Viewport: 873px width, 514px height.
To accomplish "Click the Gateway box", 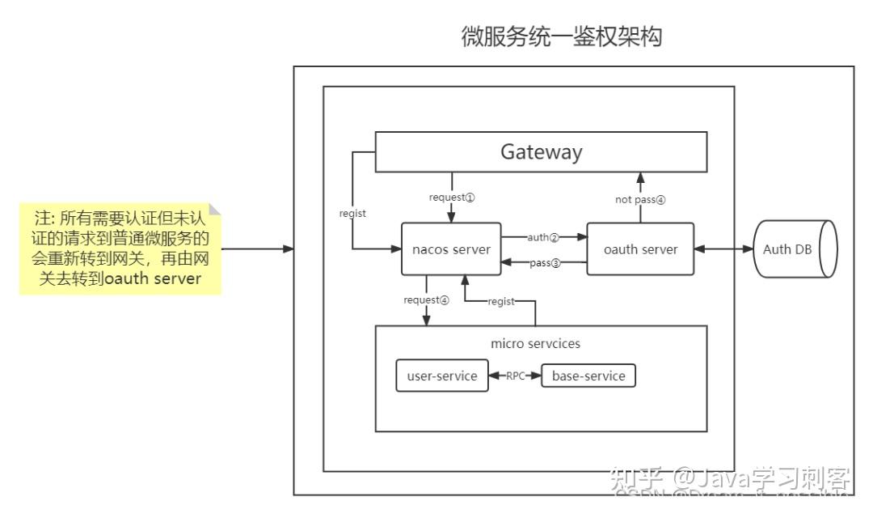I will [541, 152].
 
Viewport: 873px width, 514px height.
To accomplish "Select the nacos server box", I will [451, 249].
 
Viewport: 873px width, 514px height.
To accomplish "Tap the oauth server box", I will [640, 249].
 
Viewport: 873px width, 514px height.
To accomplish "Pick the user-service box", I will [441, 376].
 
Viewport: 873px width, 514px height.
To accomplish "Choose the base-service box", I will [588, 376].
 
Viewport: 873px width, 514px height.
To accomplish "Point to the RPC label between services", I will [515, 376].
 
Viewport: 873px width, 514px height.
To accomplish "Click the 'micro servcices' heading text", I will [535, 343].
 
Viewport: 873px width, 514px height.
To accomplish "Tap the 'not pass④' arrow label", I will [639, 200].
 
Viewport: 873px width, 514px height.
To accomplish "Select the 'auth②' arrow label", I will [543, 237].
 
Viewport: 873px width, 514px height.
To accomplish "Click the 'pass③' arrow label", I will [545, 263].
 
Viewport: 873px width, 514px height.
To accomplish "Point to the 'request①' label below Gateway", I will [452, 197].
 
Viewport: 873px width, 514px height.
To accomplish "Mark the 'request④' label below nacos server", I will [426, 299].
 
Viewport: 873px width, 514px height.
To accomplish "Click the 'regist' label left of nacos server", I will [352, 214].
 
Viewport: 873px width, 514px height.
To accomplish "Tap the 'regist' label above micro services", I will [501, 301].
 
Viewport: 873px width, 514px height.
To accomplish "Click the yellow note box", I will [120, 249].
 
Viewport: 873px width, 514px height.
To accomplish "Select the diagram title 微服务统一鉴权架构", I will [561, 37].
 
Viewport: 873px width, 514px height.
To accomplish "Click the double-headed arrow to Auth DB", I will [723, 249].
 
